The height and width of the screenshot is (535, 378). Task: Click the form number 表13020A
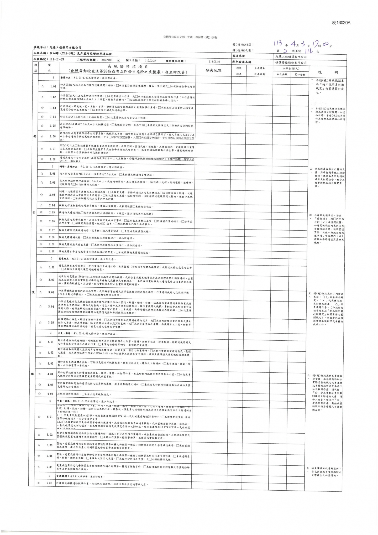341,23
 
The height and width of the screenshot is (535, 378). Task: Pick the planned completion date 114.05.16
214,62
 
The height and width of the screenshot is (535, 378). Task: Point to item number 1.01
53,86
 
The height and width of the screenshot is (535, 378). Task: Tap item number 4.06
50,394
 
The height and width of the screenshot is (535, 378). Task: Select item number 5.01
50,417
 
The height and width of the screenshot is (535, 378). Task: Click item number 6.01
49,483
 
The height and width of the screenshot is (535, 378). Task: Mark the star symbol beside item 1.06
42,137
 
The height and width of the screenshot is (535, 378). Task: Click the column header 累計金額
300,75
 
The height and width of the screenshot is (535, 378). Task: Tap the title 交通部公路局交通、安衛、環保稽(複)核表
190,38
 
